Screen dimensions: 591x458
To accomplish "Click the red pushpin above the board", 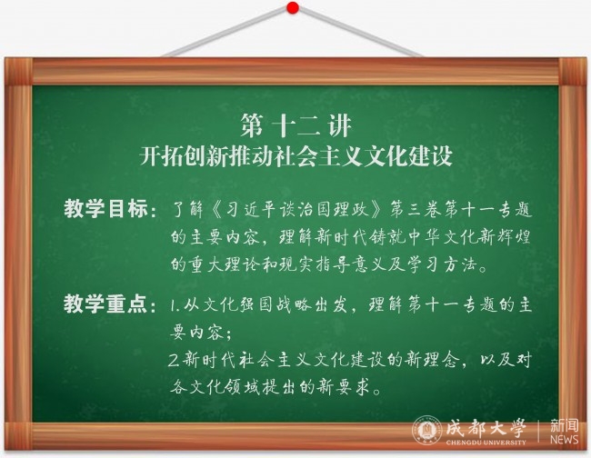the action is pos(293,7).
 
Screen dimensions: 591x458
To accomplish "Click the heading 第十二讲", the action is pos(296,125).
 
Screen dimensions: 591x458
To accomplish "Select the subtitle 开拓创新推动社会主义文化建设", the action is pos(295,155).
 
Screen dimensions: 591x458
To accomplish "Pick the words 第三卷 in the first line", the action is pos(416,209).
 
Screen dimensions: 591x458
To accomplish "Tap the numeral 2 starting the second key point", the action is pos(174,361).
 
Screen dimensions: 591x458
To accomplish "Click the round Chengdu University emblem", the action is pos(427,431).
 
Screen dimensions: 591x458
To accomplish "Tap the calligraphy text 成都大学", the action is pos(486,428).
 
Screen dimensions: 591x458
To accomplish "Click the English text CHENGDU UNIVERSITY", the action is pos(486,443).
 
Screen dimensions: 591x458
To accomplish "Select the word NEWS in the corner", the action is pos(564,440).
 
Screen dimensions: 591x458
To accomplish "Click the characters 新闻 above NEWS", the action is pos(564,425).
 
